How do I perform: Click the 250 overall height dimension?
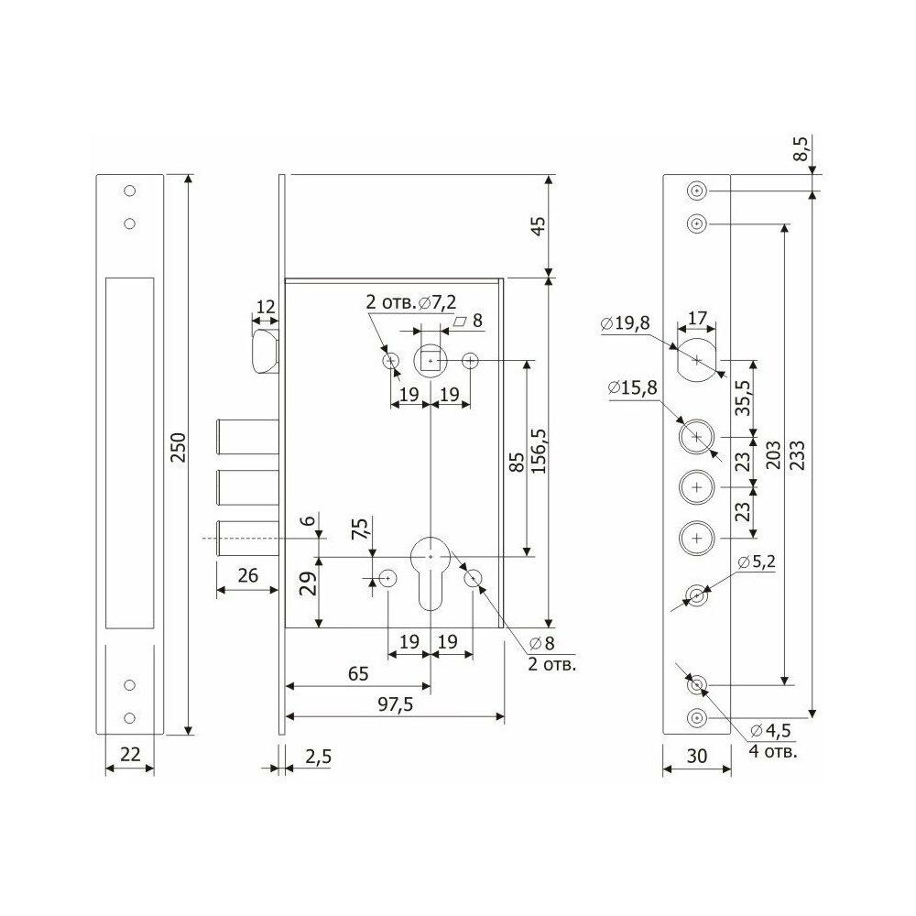[x=179, y=448]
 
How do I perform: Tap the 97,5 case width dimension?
[x=395, y=704]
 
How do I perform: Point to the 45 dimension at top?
[x=538, y=225]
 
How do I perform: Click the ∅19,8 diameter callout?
[x=625, y=323]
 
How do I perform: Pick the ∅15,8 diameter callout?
[x=632, y=387]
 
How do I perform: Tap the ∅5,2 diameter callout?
[x=757, y=562]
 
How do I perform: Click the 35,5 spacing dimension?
[x=743, y=398]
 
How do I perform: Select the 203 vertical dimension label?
[x=773, y=454]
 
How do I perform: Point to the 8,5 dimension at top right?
[x=803, y=149]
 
